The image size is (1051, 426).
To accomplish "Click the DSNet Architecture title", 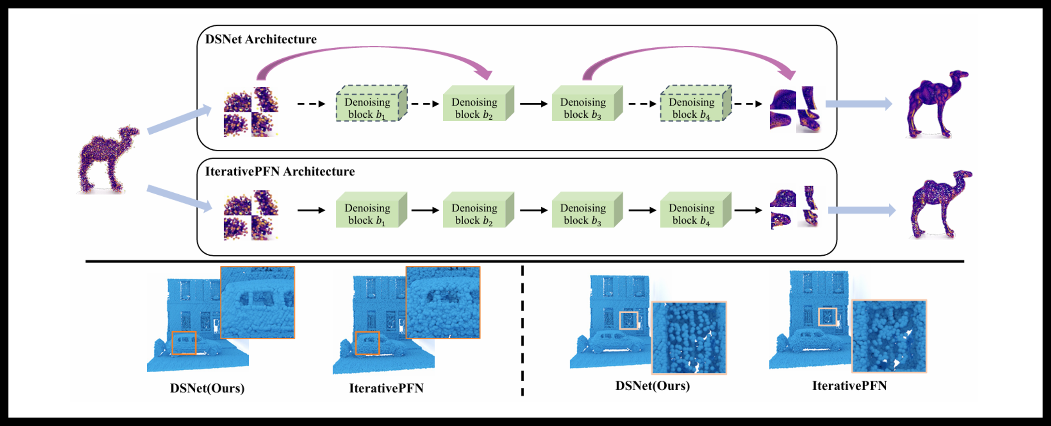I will click(x=261, y=39).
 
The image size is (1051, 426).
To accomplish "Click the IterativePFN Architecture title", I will click(x=280, y=171).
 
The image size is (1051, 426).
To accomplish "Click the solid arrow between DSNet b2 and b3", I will click(x=533, y=104).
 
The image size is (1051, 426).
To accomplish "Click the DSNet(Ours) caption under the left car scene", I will click(x=207, y=388).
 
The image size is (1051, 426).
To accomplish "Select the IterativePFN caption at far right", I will click(x=850, y=385).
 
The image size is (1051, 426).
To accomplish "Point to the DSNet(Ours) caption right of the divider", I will click(x=652, y=385).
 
